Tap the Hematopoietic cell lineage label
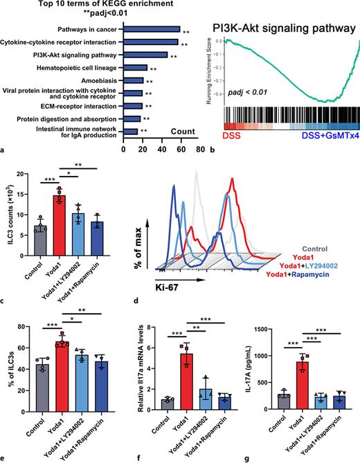pos(82,68)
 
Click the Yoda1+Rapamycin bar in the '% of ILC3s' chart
pos(100,383)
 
